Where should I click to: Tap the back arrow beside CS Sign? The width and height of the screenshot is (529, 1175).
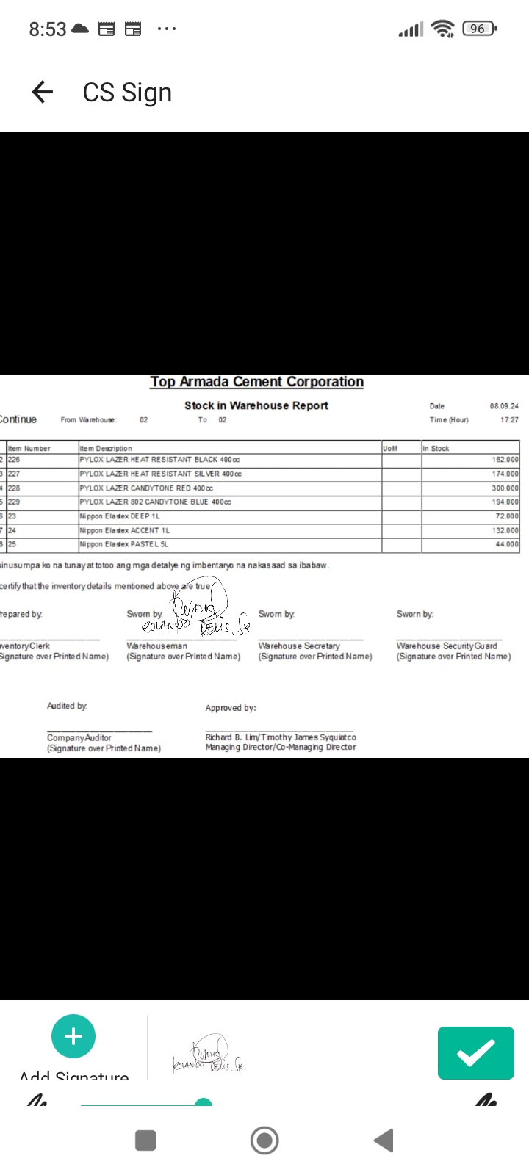click(43, 92)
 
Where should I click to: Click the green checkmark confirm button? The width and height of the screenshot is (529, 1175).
click(475, 1052)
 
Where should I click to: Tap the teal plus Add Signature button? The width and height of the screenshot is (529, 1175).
click(73, 1036)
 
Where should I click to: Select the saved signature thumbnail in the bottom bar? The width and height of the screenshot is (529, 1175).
click(208, 1055)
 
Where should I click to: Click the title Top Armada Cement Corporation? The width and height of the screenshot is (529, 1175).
click(256, 382)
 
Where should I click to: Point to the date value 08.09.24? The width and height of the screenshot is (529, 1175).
click(504, 406)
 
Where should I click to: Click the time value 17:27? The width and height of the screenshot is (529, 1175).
click(509, 420)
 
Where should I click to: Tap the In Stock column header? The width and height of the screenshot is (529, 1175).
click(436, 448)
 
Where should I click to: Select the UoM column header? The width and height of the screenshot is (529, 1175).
click(390, 448)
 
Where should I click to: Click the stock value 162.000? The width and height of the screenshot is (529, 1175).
click(505, 460)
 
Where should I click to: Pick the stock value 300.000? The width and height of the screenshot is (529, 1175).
click(505, 488)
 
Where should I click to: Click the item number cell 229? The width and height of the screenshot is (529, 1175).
click(14, 502)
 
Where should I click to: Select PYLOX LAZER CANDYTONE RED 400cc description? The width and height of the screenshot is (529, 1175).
click(146, 488)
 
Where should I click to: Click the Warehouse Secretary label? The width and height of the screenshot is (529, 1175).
click(299, 646)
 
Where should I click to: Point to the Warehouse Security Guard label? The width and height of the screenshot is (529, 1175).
click(447, 646)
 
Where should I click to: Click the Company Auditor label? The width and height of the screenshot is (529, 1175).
click(79, 737)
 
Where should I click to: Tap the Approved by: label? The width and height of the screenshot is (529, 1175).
click(231, 708)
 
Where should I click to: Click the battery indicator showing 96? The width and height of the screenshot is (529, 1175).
click(478, 29)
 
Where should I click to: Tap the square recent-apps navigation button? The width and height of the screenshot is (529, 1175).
click(145, 1140)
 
